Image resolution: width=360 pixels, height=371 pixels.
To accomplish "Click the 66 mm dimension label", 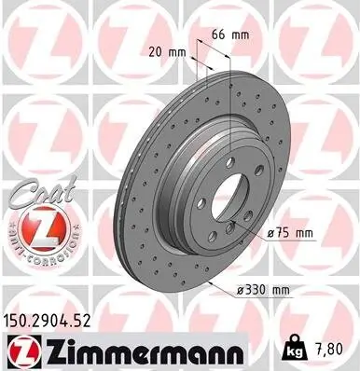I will click(228, 34).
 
